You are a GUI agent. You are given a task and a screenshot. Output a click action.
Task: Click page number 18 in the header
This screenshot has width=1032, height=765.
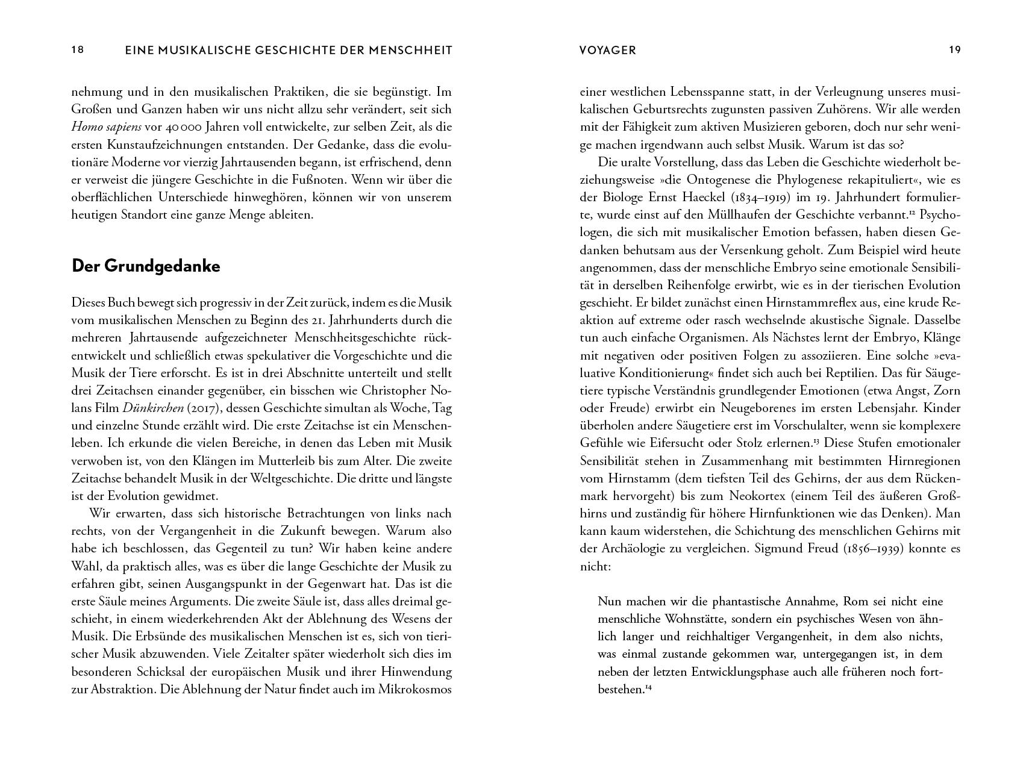[78, 50]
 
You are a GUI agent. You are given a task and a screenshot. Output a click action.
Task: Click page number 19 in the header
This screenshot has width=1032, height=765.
[954, 50]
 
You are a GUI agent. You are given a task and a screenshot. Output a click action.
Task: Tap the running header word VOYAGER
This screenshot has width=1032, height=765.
[607, 51]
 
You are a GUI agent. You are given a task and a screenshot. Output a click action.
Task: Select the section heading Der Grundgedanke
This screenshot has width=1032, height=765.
[146, 266]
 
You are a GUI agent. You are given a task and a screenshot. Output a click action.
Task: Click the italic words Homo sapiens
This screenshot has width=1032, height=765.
[106, 127]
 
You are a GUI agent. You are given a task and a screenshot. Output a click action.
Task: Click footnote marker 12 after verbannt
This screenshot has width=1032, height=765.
[913, 211]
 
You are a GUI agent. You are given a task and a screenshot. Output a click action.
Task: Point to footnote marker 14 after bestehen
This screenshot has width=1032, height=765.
[649, 687]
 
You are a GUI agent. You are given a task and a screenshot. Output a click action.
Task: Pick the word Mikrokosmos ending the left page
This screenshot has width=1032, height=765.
[414, 689]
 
